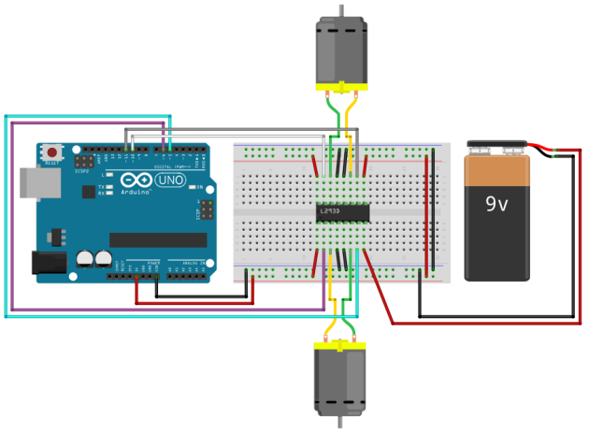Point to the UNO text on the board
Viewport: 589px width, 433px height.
coord(170,180)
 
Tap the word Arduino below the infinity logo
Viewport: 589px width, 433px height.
coord(138,191)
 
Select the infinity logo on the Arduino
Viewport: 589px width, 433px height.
coord(137,179)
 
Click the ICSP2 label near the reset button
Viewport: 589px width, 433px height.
coord(82,171)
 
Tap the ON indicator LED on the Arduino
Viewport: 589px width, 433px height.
coord(200,188)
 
